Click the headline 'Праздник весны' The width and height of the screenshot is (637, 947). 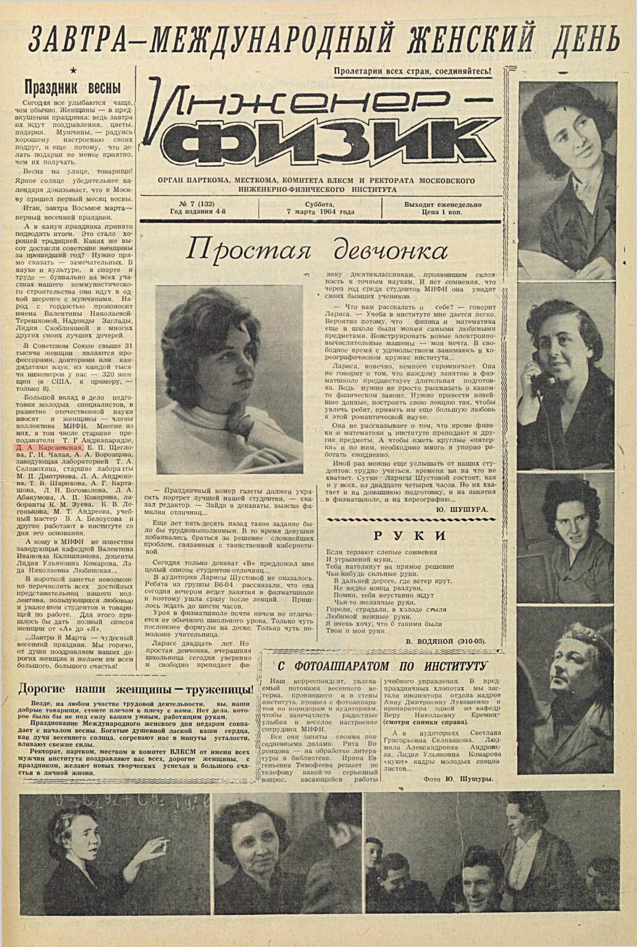coord(73,87)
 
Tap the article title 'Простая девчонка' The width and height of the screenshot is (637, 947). coord(317,250)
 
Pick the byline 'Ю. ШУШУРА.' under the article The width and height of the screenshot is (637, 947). coord(467,509)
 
